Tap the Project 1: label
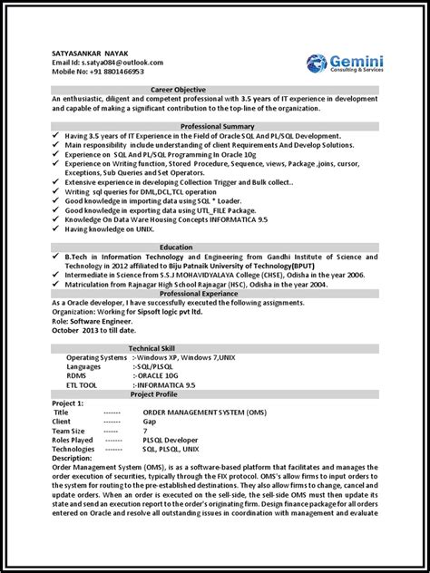tap(69, 403)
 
